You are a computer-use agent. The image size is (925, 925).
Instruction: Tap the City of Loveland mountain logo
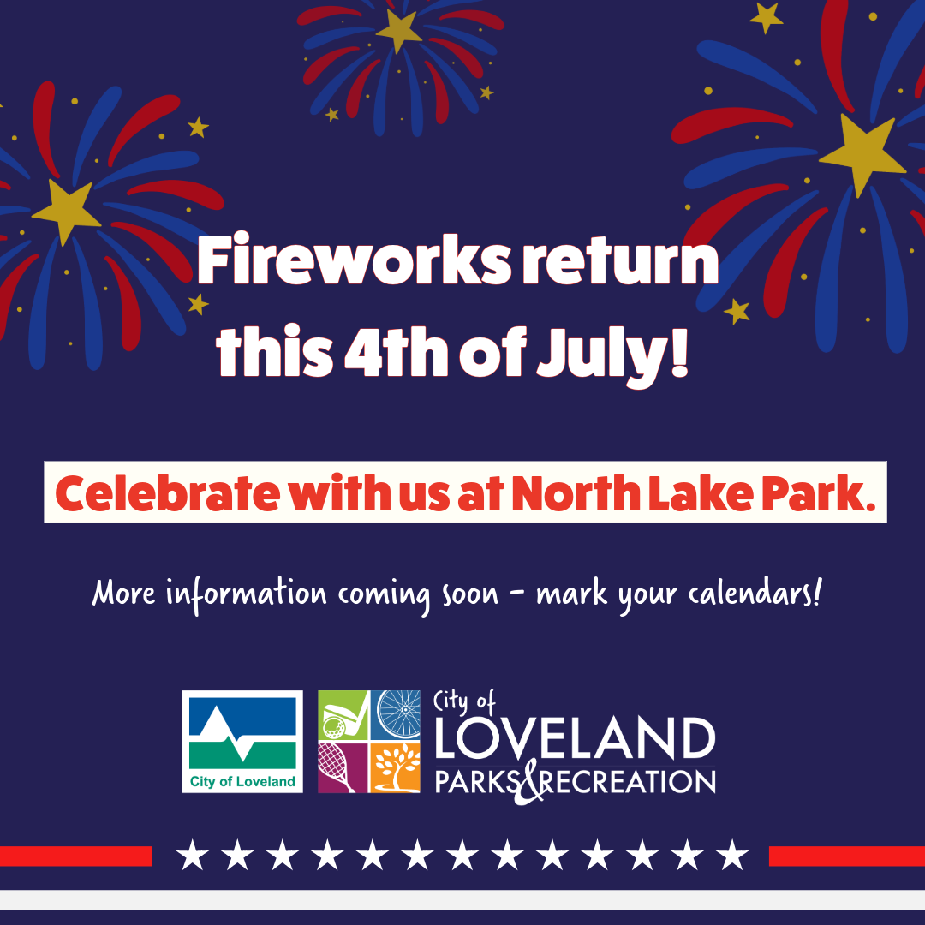[x=242, y=742]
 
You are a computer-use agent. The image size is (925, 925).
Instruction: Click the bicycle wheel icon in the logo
[x=398, y=714]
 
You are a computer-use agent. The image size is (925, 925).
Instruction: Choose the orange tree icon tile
[x=397, y=767]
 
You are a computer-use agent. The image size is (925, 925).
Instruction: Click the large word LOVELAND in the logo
[x=575, y=739]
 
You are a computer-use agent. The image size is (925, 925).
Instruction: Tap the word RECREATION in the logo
[x=625, y=781]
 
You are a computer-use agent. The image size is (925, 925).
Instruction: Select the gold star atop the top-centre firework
[x=398, y=30]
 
